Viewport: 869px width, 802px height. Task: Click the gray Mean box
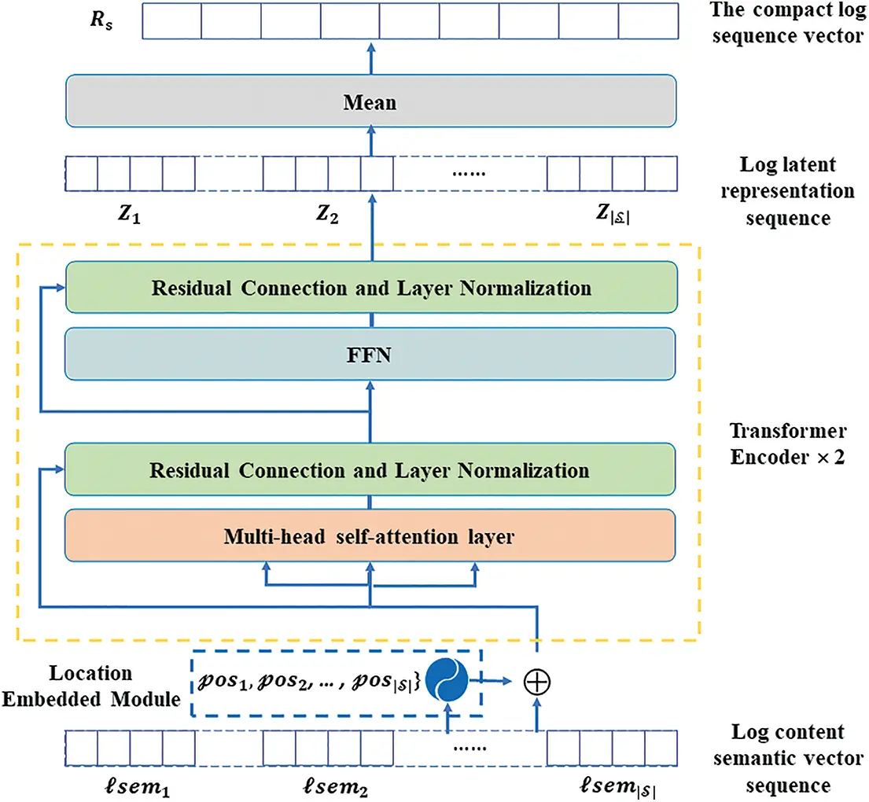click(370, 103)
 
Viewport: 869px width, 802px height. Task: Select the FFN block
click(370, 354)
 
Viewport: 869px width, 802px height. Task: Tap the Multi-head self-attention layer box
click(370, 536)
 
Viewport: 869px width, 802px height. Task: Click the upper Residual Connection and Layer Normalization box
click(370, 288)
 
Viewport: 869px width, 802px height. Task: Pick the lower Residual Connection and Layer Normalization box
click(370, 470)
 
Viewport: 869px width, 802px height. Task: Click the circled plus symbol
click(537, 682)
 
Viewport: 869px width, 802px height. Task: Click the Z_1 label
click(127, 215)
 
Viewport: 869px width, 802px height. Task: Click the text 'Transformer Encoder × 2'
click(787, 444)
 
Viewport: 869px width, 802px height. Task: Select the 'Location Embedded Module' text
click(91, 686)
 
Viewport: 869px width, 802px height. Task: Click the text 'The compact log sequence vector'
click(787, 24)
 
